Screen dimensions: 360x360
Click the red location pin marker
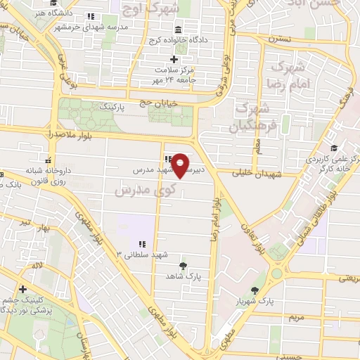[x=181, y=165]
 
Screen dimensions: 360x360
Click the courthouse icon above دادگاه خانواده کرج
[x=177, y=31]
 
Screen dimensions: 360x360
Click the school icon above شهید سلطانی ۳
[x=142, y=244]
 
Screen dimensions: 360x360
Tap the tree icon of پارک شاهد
[x=183, y=265]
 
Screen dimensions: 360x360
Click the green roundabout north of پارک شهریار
[x=277, y=273]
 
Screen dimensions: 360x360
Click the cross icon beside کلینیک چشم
[x=23, y=289]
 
